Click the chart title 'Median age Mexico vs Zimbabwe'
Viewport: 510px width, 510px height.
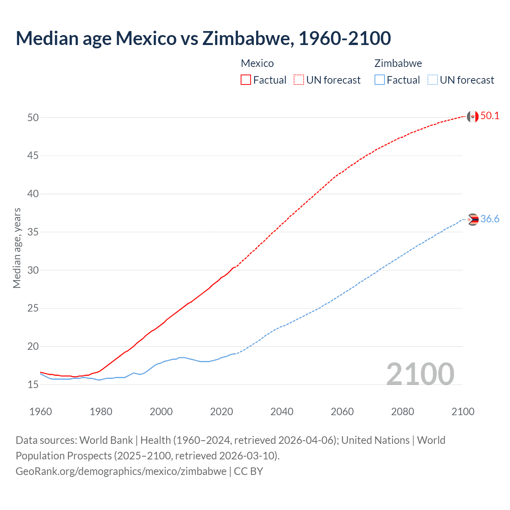click(203, 38)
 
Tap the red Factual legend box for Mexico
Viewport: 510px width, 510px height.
click(246, 80)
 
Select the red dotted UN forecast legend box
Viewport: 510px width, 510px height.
click(299, 80)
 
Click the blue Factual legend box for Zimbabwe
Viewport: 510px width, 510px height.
click(379, 80)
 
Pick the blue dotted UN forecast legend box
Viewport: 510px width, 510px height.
click(432, 80)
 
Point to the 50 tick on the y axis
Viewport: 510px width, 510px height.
click(33, 118)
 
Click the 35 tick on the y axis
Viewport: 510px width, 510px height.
click(33, 232)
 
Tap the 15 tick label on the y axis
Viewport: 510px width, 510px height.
click(33, 384)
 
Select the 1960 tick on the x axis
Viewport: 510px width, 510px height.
click(41, 412)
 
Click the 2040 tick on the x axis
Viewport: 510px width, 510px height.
click(282, 412)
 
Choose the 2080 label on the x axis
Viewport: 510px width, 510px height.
click(402, 412)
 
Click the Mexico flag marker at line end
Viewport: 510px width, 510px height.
click(473, 116)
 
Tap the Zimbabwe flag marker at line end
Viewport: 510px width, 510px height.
click(473, 220)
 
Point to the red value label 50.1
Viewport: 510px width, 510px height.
click(490, 116)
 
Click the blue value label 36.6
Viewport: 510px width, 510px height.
click(490, 219)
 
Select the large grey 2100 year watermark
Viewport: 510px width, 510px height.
click(420, 374)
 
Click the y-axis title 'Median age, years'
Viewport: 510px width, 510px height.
click(17, 248)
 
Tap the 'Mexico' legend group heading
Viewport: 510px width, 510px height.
click(257, 63)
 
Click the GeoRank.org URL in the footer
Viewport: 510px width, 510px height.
click(121, 471)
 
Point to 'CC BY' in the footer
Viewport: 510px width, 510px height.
click(248, 471)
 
